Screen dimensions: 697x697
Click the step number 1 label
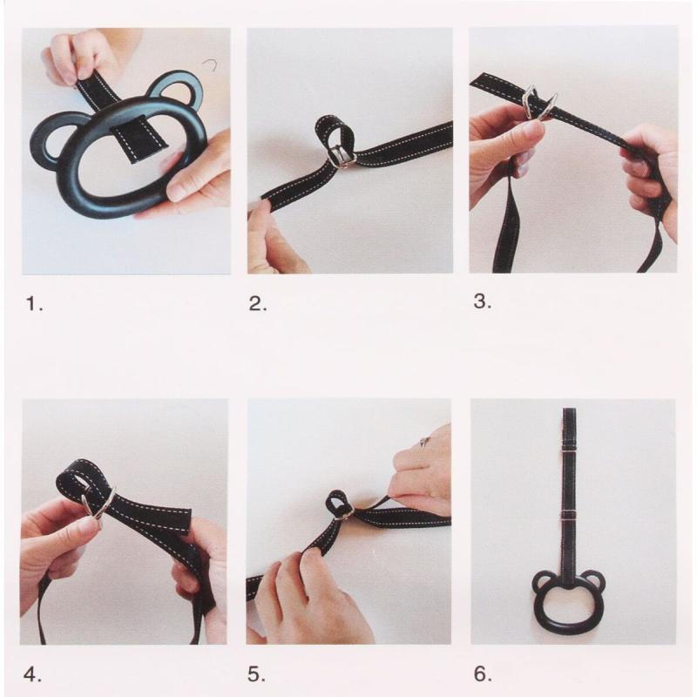[34, 304]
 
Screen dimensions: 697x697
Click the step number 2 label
[258, 304]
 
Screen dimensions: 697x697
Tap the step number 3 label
[483, 301]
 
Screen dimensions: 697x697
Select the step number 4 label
[32, 674]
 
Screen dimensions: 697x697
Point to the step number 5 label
[256, 674]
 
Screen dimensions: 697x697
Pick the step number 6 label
[483, 673]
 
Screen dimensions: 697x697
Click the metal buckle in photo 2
[342, 156]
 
